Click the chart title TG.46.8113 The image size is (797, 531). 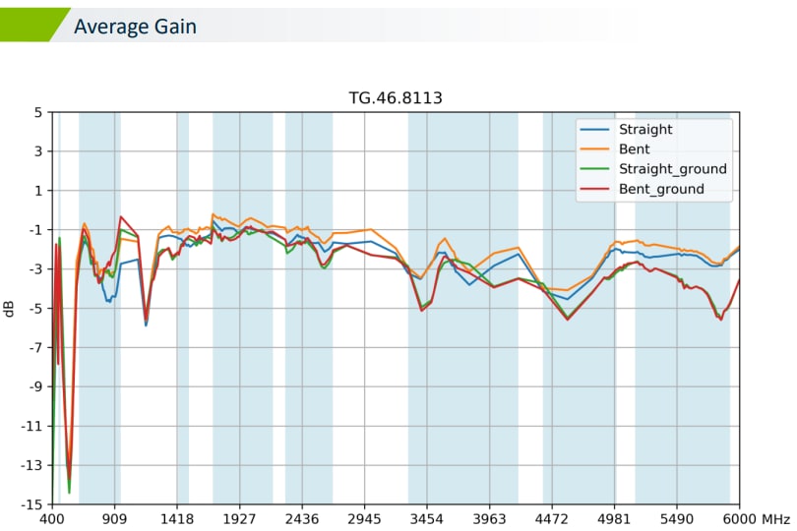396,98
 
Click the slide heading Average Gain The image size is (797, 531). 135,27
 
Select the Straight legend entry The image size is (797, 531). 645,129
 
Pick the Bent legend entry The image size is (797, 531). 635,148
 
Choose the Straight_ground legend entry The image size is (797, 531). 672,169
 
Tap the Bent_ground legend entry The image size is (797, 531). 661,189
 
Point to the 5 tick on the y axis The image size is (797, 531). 37,112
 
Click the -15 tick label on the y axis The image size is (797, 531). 31,504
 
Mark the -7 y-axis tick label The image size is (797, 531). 34,347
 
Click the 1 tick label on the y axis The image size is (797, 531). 37,191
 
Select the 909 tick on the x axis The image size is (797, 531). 114,518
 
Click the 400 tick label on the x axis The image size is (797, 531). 52,518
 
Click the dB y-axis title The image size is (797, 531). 10,308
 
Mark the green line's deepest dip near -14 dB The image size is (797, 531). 69,491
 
